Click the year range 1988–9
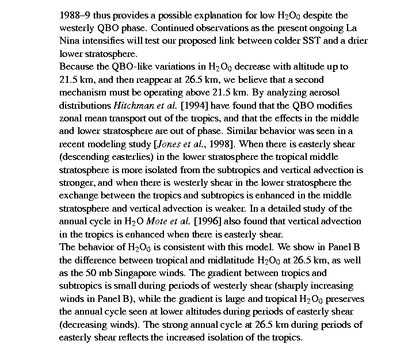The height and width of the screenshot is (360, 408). (x=76, y=16)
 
